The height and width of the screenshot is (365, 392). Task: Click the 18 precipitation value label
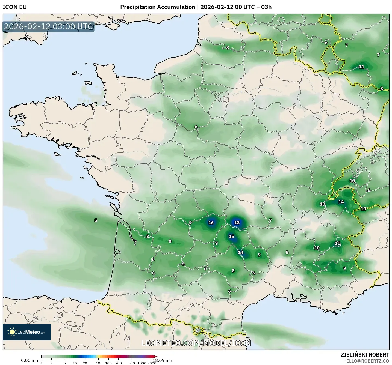pos(237,223)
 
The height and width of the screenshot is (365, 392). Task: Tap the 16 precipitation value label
pos(211,223)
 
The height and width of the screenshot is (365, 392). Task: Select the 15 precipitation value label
pos(231,237)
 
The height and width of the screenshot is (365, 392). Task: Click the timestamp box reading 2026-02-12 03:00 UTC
pos(49,26)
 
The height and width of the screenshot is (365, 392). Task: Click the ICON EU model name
pos(15,7)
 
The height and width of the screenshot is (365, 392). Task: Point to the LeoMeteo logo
pos(27,332)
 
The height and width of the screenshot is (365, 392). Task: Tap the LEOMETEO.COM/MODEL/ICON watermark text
pos(196,343)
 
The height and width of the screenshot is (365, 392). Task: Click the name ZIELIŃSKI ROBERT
pos(365,355)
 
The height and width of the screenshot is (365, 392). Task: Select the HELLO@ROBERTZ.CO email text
pos(366,361)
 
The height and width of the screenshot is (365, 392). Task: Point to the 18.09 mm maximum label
pos(163,360)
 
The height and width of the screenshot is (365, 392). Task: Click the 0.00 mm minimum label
pos(30,360)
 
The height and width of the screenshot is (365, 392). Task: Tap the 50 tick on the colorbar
pos(98,363)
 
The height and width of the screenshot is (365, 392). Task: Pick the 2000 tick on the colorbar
pos(152,363)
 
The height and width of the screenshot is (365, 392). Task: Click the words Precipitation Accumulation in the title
pos(158,7)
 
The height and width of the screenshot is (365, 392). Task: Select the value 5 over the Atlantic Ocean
pos(96,220)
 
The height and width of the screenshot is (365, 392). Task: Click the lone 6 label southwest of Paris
pos(196,127)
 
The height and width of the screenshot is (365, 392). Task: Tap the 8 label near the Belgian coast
pos(228,48)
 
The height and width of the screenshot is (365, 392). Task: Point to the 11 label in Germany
pos(361,67)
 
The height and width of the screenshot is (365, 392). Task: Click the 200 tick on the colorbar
pos(119,363)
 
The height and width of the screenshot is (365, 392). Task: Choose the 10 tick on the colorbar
pos(75,363)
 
